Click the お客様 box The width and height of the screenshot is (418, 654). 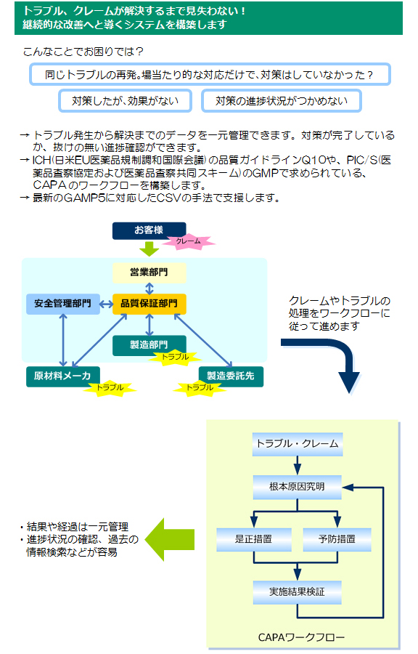[149, 230]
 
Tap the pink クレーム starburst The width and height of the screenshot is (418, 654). [188, 241]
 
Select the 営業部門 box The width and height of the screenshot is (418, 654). [149, 272]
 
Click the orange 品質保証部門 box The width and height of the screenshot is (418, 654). [149, 304]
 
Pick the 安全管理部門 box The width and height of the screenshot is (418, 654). [63, 304]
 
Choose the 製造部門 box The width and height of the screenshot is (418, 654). [149, 344]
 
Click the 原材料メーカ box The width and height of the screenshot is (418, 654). [63, 376]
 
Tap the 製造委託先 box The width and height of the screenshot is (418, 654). [231, 376]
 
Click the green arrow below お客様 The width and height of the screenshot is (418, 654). [149, 249]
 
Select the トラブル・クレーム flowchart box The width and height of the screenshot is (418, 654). [298, 444]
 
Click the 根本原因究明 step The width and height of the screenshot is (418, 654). [298, 487]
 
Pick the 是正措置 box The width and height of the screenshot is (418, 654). [253, 539]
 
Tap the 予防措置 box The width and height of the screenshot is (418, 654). [337, 539]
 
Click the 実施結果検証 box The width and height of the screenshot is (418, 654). [298, 592]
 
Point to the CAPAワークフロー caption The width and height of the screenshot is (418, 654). [301, 637]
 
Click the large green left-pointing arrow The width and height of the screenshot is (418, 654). [169, 539]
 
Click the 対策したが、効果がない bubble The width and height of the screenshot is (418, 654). [125, 101]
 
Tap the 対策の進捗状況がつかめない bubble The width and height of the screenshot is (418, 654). [282, 101]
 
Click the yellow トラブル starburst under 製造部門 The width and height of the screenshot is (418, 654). [176, 358]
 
